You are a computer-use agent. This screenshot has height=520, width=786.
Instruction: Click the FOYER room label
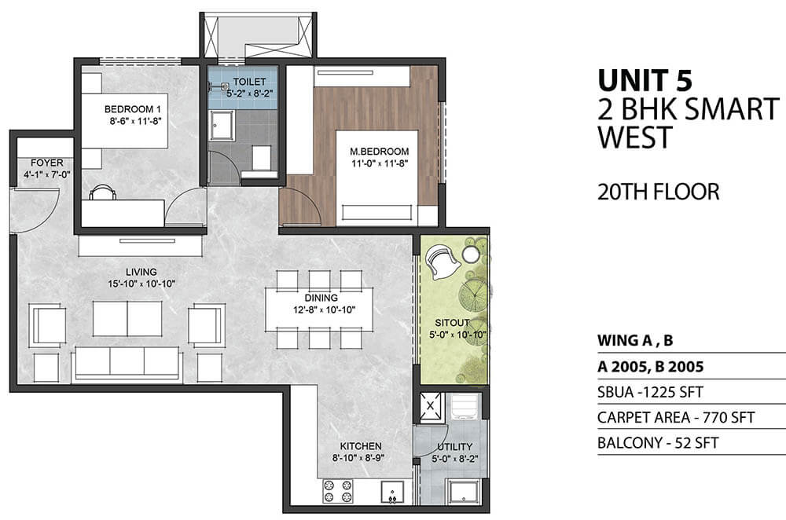pos(47,163)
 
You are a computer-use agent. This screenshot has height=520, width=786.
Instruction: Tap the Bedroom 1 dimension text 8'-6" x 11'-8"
pos(135,121)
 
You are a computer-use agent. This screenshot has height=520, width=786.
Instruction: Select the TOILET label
pos(249,81)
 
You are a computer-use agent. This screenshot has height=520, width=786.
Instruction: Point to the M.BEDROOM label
pos(380,151)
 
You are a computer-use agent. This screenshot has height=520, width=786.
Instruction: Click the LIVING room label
pos(141,272)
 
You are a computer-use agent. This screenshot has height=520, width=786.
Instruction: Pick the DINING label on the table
pos(321,298)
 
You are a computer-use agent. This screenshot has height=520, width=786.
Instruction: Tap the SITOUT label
pos(452,323)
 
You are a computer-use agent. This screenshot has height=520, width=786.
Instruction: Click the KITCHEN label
pos(361,446)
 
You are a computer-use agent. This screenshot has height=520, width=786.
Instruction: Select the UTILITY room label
pos(454,446)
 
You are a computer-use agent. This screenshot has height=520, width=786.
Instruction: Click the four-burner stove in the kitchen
pos(338,491)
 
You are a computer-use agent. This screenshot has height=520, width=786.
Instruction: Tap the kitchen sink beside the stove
pos(392,492)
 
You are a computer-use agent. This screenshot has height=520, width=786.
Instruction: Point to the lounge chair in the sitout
pos(442,262)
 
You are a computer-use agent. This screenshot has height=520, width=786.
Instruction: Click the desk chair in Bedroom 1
pos(102,192)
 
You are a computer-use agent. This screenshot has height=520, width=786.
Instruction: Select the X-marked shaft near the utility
pos(430,405)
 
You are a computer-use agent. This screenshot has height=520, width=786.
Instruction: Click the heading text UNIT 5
pos(645,79)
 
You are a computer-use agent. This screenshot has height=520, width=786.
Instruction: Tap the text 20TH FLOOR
pos(658,192)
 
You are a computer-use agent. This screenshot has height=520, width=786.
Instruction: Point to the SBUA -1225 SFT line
pos(650,392)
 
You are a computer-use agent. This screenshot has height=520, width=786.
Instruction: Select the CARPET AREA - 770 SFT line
pos(676,417)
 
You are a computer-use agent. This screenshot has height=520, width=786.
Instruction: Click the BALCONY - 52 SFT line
pos(658,443)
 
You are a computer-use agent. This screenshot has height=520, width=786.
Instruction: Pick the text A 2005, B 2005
pos(651,367)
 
